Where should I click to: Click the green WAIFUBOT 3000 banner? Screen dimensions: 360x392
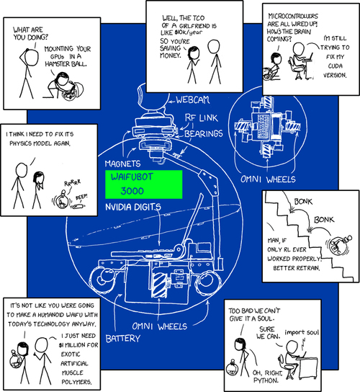coord(144,184)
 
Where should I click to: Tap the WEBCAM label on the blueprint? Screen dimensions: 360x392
coord(193,100)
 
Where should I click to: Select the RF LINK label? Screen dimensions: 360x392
coord(202,118)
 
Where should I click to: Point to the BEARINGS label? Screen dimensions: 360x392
coord(204,133)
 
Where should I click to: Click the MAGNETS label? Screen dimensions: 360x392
coord(122,164)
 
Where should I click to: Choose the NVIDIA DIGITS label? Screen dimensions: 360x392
coord(133,207)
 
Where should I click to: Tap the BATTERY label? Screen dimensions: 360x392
coord(123,339)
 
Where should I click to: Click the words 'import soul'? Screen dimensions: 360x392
coord(302,332)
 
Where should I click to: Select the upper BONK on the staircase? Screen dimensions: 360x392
coord(303,202)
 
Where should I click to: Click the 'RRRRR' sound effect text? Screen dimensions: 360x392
coord(73,183)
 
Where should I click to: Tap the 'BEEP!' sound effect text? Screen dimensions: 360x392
coord(81,197)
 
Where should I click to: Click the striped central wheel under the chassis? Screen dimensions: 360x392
coord(160,285)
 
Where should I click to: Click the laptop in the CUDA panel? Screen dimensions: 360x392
coord(308,58)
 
